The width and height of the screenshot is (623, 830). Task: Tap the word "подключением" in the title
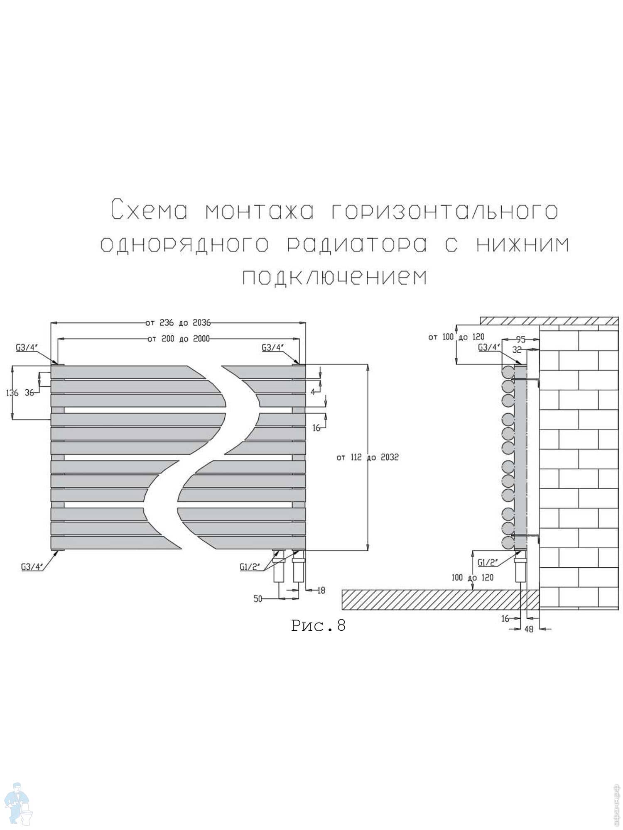tap(334, 277)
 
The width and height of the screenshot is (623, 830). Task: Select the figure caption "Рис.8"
tap(318, 625)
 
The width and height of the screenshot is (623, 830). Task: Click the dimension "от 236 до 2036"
tap(178, 322)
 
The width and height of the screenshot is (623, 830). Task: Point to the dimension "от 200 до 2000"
tap(178, 339)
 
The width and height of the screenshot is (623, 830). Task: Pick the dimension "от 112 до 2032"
tap(368, 457)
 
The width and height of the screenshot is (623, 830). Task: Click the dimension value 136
tap(12, 393)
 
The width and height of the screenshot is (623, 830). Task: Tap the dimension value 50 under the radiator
tap(258, 599)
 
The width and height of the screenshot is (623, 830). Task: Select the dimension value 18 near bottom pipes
tap(321, 590)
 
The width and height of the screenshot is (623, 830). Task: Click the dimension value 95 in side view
tap(520, 339)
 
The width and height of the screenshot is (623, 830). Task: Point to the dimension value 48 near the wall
tap(529, 629)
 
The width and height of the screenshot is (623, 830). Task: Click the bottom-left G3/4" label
tap(32, 566)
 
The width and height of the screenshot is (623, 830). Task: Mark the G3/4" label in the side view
tap(489, 347)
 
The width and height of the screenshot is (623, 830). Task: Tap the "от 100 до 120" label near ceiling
tap(456, 337)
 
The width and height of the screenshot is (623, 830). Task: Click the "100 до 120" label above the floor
tap(473, 577)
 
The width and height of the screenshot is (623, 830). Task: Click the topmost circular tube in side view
tap(508, 372)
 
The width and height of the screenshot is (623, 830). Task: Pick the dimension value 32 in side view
tap(517, 350)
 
